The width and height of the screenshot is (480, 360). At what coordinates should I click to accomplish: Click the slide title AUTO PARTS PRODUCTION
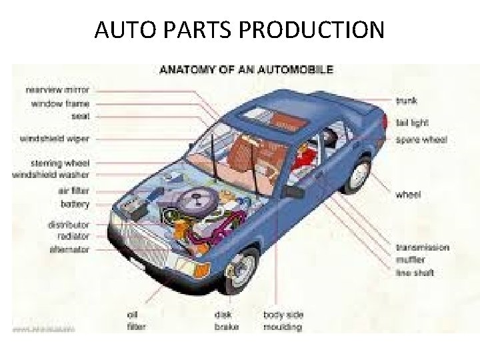(x=239, y=30)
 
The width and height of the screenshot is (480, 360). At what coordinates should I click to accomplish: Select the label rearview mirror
(x=57, y=89)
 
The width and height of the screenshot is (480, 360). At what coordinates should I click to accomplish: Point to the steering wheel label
(x=61, y=163)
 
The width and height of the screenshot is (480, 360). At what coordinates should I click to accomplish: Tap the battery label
(x=75, y=203)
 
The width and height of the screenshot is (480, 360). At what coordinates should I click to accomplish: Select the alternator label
(x=69, y=249)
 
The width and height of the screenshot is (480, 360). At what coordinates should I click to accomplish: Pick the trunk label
(x=406, y=101)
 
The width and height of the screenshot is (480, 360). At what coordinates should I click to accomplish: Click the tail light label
(x=412, y=122)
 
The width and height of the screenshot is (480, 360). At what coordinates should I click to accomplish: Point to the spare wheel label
(x=421, y=140)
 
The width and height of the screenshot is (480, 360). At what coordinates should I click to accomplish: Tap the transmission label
(x=423, y=247)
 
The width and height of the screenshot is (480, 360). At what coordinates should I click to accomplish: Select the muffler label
(x=410, y=260)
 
